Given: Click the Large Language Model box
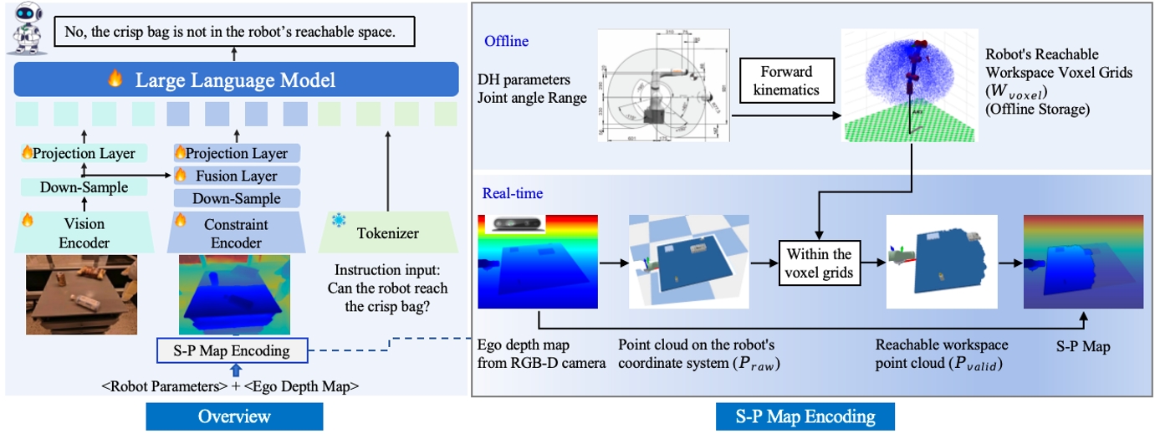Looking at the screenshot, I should point(236,80).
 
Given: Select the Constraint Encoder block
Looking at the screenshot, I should point(237,232).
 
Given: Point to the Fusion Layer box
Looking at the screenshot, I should point(237,176).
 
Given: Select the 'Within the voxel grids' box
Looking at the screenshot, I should point(819,263).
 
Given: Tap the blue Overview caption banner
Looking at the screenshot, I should point(234,416).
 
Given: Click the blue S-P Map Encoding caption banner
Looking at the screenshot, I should point(805,416).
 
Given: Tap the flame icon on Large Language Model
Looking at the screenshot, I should point(115,80).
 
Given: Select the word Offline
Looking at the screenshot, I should point(505,41).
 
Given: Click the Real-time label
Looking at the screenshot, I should point(512,194).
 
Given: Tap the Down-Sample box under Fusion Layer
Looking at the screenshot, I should point(237,198).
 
